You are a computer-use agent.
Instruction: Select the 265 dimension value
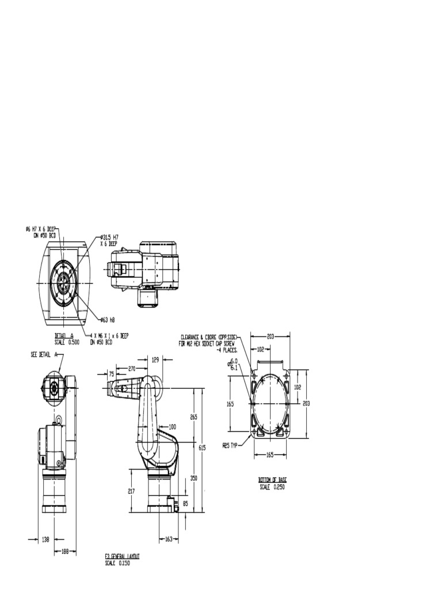(193, 417)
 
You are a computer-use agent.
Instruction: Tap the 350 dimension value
(193, 478)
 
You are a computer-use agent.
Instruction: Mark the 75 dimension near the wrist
(111, 373)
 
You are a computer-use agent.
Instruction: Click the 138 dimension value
(45, 539)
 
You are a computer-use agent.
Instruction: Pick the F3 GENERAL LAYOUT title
(122, 557)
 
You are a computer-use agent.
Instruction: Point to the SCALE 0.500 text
(68, 341)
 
